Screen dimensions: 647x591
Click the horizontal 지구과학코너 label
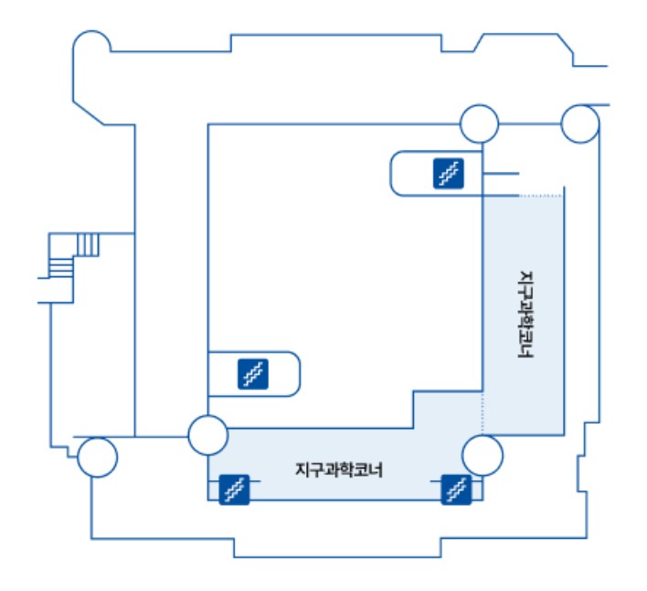click(339, 470)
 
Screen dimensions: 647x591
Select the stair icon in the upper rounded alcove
click(448, 172)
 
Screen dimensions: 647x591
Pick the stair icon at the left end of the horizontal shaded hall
click(235, 489)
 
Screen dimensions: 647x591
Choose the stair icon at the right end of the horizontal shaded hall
click(455, 489)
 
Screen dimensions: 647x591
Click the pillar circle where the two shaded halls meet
click(482, 455)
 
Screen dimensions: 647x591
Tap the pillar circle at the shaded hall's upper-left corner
click(207, 435)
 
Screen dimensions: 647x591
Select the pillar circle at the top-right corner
click(579, 124)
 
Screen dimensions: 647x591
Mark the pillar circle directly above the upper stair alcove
click(478, 124)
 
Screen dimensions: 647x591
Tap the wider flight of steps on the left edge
click(60, 268)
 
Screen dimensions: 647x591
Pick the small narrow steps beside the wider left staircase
click(88, 245)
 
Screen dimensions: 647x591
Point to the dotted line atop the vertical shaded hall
click(540, 196)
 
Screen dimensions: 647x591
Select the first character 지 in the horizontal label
click(302, 470)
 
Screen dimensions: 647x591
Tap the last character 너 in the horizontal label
click(376, 470)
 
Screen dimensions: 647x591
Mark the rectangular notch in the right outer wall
click(583, 475)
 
